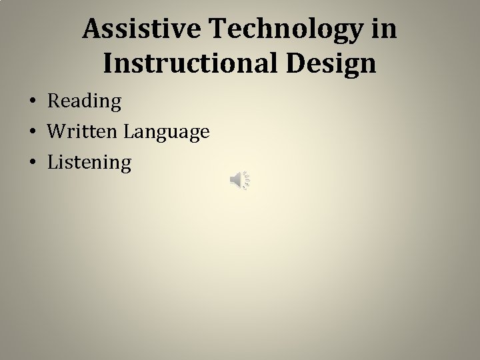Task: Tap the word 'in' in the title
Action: click(385, 29)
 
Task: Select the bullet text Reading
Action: click(84, 102)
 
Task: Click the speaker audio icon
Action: click(239, 180)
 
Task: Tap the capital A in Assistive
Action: click(92, 29)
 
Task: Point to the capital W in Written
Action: click(55, 132)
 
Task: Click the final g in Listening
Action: click(125, 165)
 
